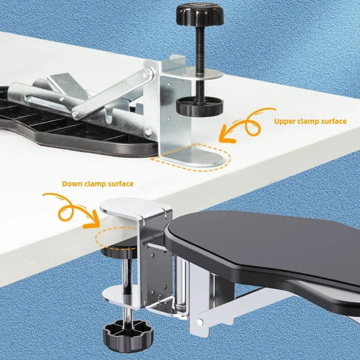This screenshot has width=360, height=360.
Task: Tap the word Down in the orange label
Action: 72,184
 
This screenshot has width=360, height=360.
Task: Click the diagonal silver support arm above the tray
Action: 112,97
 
